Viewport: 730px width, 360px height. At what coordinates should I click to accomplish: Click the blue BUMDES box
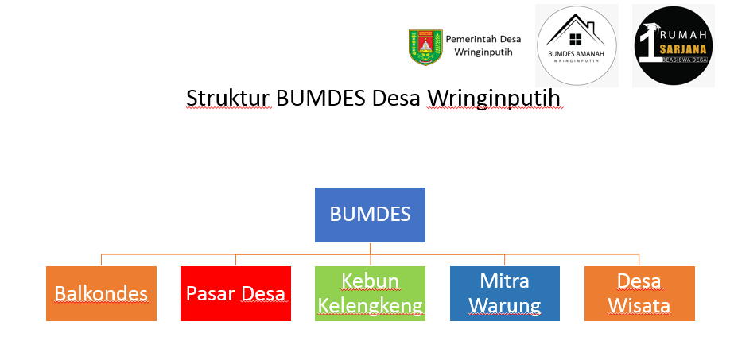tap(370, 215)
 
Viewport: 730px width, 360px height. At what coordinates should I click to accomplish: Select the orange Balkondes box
tap(101, 293)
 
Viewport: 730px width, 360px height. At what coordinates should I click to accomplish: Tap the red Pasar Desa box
tap(235, 293)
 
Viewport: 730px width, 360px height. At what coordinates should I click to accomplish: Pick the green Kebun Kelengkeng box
tap(370, 293)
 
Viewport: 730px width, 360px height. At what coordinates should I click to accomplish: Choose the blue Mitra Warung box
tap(505, 293)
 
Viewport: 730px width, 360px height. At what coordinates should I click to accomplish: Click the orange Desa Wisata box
tap(639, 293)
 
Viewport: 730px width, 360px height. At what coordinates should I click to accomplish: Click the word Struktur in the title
tap(228, 98)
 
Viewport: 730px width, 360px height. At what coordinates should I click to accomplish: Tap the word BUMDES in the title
tap(320, 98)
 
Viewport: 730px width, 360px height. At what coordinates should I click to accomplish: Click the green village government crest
tap(425, 47)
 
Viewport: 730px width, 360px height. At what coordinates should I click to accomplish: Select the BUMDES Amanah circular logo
tap(577, 45)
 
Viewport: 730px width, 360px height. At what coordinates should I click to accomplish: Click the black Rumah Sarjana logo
tap(674, 45)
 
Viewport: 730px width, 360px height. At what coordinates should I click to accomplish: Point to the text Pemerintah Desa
tap(483, 39)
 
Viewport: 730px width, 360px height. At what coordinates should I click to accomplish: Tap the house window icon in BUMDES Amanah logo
tap(576, 39)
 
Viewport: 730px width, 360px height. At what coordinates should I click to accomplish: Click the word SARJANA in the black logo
tap(683, 49)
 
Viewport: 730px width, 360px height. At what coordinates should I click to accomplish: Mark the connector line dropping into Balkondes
tap(102, 260)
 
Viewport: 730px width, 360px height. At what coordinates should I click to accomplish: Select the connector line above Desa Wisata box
tap(639, 260)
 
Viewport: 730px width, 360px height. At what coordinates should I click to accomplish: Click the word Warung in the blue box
tap(505, 306)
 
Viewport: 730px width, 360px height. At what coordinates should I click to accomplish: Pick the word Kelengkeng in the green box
tap(370, 307)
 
